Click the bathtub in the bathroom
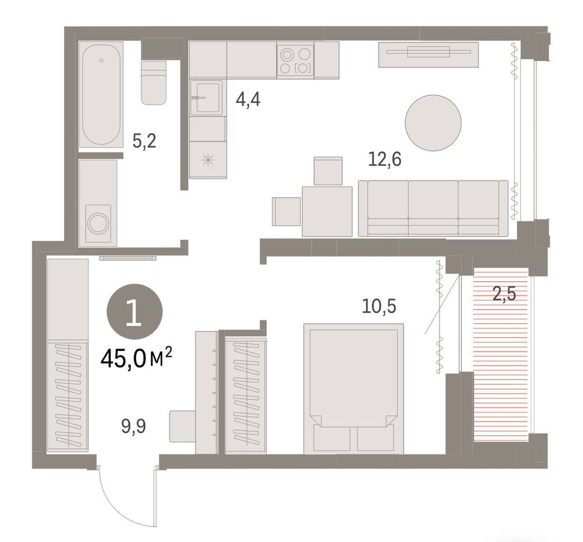101,95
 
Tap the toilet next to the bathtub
154,83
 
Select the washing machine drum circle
98,223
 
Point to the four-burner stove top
295,60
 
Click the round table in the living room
433,123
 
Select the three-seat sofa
433,208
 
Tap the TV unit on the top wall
429,54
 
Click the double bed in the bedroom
353,389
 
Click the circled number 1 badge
135,312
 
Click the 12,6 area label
385,160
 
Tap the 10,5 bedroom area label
379,306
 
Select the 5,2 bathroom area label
144,141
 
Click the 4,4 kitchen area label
248,100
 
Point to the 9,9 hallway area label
134,426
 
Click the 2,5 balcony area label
504,294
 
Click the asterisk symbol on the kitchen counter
208,160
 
